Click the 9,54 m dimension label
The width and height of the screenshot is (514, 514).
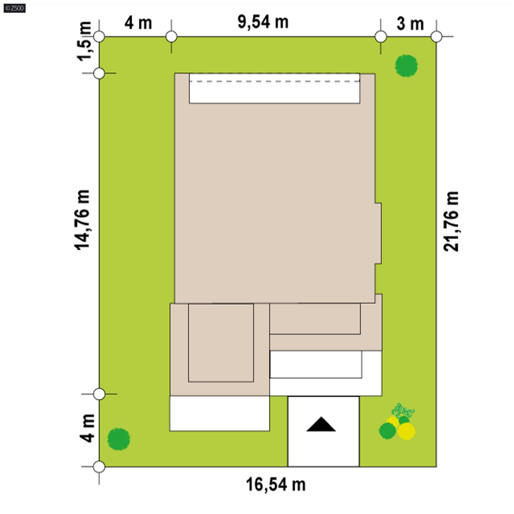coord(263,22)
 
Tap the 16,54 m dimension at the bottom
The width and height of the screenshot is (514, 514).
coord(276,485)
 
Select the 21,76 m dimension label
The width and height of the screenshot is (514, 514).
coord(451,221)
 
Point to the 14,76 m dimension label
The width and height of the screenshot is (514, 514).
coord(82,220)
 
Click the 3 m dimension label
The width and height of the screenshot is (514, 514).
coord(410,24)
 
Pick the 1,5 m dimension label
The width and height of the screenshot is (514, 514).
coord(84,41)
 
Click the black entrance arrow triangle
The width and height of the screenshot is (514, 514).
coord(321,424)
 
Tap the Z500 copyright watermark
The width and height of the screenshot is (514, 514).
coord(15,8)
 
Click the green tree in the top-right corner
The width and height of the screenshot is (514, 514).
coord(406,66)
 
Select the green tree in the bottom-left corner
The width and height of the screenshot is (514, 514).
coord(119,439)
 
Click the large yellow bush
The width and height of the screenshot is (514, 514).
coord(406,431)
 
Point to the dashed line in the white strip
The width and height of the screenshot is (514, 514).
coord(274,81)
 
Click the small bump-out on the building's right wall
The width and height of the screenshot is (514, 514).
coord(378,233)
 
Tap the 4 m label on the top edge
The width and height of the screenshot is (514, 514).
coord(138,23)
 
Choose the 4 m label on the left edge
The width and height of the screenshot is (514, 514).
coord(87,429)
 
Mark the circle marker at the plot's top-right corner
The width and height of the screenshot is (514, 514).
coord(436,37)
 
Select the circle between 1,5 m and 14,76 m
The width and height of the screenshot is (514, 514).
coord(99,73)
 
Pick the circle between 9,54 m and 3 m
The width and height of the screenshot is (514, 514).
coord(381,37)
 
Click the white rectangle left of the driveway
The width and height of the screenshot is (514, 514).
coord(219,413)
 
